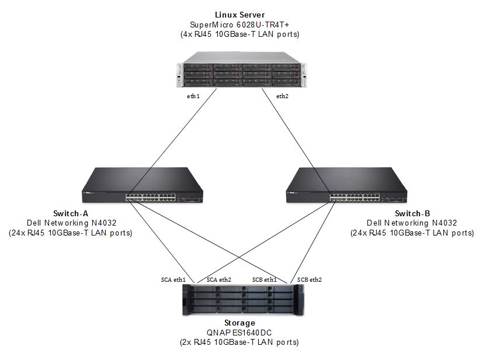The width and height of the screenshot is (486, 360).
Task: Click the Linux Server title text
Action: pyautogui.click(x=239, y=14)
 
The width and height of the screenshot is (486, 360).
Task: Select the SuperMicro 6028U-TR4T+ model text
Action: pyautogui.click(x=239, y=25)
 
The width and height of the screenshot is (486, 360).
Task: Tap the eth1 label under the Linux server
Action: pyautogui.click(x=193, y=96)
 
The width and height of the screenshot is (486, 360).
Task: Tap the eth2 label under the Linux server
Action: pyautogui.click(x=282, y=96)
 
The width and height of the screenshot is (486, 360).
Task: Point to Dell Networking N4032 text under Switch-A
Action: pyautogui.click(x=71, y=223)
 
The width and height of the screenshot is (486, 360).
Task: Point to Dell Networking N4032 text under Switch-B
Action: pyautogui.click(x=412, y=223)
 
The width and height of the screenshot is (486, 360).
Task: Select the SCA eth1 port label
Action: pyautogui.click(x=174, y=279)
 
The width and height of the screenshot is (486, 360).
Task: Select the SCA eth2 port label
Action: pyautogui.click(x=219, y=279)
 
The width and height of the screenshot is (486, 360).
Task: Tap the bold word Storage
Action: pyautogui.click(x=239, y=322)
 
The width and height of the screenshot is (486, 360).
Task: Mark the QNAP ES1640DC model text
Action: pyautogui.click(x=239, y=332)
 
